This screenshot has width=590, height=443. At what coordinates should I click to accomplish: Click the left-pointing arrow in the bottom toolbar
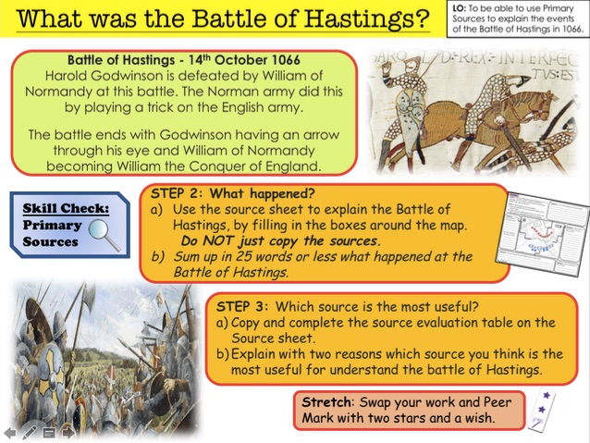(10, 432)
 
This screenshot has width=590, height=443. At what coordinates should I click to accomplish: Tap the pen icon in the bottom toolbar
(30, 432)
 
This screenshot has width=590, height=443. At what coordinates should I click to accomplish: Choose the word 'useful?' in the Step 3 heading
(469, 305)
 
